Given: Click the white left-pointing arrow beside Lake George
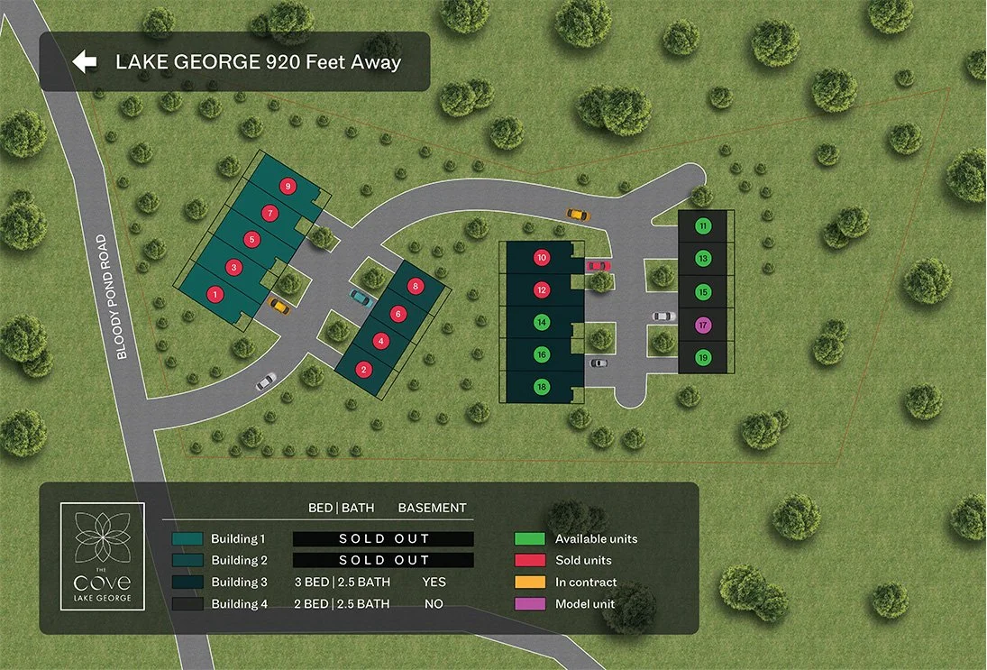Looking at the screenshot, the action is (85, 61).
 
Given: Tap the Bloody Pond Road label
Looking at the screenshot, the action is (112, 298).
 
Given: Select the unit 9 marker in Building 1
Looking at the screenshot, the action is (288, 186).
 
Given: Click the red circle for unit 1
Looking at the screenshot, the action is (215, 294).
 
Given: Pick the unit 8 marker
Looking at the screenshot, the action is (415, 286).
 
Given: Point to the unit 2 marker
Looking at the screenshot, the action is (363, 368).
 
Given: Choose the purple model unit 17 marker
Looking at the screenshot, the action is (704, 325).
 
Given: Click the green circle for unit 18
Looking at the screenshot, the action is (542, 387).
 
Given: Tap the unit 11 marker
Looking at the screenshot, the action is (704, 225).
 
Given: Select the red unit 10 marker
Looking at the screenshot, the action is (542, 257).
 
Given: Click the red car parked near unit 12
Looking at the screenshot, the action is (599, 265).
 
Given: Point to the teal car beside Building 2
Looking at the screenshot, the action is (361, 298).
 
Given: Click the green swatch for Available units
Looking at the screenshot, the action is (530, 539).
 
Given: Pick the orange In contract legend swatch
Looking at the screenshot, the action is (530, 583).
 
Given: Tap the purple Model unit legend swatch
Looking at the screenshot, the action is (530, 604).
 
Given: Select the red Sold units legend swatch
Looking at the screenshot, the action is (530, 561).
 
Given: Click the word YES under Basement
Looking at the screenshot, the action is (434, 583).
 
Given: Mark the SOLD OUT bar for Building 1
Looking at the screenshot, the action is (383, 539).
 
